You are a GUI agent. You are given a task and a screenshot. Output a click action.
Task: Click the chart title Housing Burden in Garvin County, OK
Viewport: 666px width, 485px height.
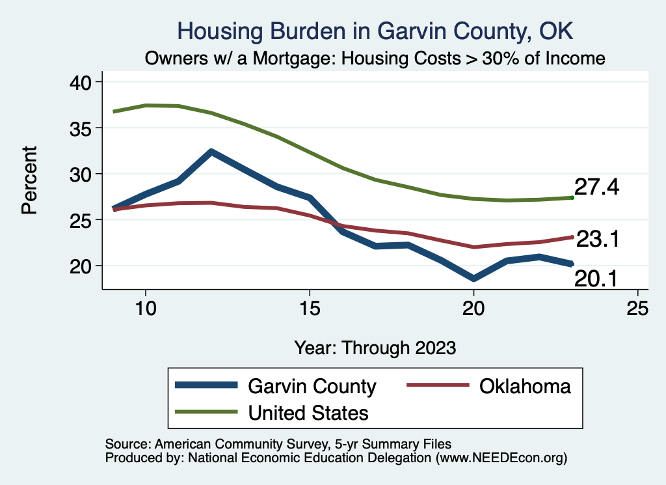(376, 31)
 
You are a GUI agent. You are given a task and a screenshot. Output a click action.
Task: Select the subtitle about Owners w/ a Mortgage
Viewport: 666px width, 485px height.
(376, 59)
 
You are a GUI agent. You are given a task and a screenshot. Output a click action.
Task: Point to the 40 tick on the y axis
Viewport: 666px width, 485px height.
(84, 82)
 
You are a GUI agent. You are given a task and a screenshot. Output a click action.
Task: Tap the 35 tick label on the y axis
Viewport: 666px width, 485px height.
(84, 128)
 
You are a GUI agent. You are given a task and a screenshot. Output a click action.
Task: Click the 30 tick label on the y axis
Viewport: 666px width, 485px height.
(84, 174)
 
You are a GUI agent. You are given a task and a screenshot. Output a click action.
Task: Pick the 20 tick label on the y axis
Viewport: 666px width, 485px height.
(84, 266)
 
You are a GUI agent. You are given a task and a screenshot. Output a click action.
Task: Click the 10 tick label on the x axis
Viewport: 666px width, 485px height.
(146, 309)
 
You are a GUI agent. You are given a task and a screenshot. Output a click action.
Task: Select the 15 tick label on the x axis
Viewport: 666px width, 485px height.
(310, 309)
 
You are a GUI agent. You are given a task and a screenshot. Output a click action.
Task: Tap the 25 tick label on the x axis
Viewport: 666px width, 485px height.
(637, 309)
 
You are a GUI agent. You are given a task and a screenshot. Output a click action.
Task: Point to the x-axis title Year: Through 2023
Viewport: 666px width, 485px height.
(375, 347)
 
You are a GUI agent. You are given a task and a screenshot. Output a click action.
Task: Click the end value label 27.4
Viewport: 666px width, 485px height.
(596, 187)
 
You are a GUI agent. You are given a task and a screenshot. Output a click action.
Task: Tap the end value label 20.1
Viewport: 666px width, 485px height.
(596, 279)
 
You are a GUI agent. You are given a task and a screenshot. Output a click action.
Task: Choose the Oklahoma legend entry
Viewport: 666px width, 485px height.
(525, 386)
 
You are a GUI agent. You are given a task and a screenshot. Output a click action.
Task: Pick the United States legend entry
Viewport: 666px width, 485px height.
(308, 412)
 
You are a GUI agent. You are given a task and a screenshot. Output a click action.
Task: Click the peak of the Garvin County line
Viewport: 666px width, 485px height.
(211, 152)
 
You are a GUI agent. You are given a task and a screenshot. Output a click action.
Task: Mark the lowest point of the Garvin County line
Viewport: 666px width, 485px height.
(474, 279)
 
